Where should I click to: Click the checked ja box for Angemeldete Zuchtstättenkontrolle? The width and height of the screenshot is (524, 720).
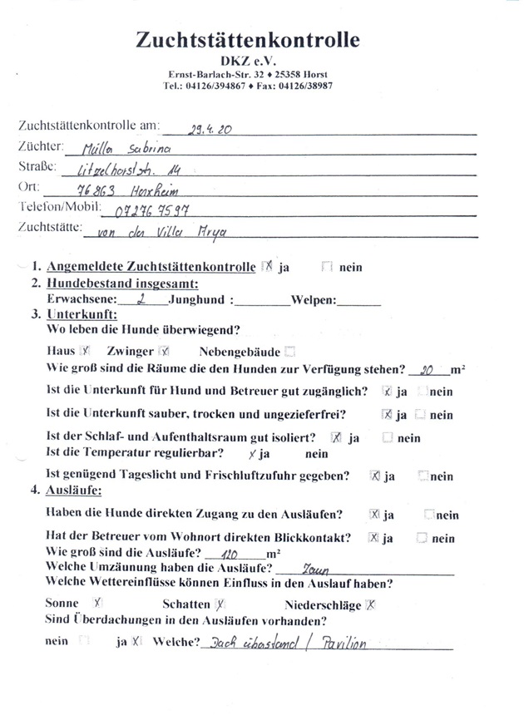(x=267, y=267)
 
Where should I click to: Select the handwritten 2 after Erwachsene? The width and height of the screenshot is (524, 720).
(x=143, y=301)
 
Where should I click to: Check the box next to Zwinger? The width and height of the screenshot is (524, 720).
(x=164, y=351)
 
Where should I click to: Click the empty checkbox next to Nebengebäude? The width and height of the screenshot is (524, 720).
(x=289, y=351)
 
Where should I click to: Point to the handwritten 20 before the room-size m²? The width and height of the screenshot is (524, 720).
(x=428, y=369)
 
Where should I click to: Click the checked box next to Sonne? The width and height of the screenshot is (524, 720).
(x=97, y=603)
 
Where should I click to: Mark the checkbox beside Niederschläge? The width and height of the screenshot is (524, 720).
(x=371, y=604)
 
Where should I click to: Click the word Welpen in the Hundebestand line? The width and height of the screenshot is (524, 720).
(x=313, y=301)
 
